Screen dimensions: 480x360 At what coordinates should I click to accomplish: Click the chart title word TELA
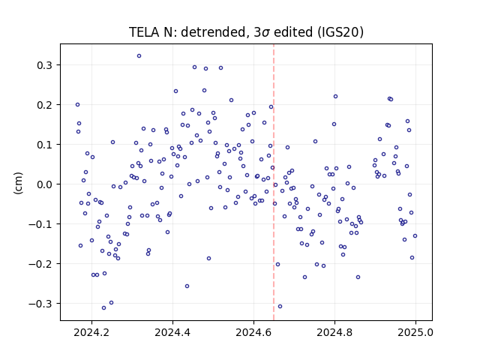click(x=144, y=32)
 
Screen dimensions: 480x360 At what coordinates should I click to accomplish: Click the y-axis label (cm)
click(x=18, y=183)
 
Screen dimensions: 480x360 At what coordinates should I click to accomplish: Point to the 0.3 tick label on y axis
click(x=45, y=65)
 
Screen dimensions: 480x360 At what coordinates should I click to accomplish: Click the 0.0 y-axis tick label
click(x=45, y=184)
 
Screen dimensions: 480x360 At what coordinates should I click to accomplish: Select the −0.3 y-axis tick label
click(x=40, y=304)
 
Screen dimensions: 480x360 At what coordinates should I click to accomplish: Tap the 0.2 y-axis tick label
click(x=45, y=105)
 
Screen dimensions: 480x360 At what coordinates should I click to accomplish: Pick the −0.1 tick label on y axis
click(x=40, y=224)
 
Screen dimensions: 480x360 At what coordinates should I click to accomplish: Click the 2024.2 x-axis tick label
click(x=91, y=332)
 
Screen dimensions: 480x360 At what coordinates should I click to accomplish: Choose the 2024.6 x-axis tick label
click(x=253, y=332)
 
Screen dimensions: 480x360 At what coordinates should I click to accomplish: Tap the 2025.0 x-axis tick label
click(x=415, y=332)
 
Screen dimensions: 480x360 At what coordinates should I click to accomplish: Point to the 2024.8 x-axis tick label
click(x=334, y=332)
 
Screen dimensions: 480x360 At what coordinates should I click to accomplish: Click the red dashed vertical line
click(x=274, y=182)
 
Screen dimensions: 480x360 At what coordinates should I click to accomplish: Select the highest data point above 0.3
click(x=139, y=56)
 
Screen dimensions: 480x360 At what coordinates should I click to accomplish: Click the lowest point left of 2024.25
click(x=103, y=308)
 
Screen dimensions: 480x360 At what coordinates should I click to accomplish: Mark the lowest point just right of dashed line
click(x=280, y=307)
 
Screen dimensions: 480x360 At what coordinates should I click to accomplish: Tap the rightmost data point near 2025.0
click(x=415, y=236)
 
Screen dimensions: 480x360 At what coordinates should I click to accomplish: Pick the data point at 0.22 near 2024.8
click(x=335, y=97)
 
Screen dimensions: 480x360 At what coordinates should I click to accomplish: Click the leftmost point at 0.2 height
click(x=77, y=105)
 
